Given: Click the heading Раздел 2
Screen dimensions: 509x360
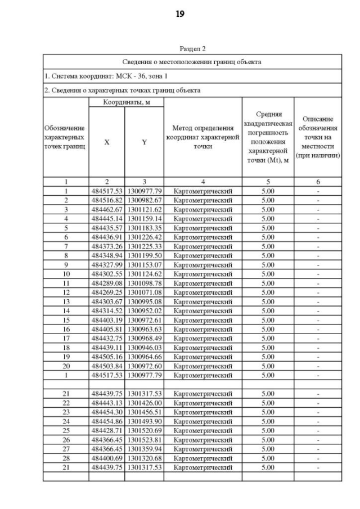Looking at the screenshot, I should pos(192,49).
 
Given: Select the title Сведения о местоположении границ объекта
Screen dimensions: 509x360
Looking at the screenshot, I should pos(192,62).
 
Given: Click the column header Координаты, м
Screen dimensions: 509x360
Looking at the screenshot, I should pos(126,103).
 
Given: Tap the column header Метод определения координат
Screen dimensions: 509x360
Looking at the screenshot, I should pos(203,138).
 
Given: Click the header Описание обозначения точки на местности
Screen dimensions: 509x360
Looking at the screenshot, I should pos(318,138).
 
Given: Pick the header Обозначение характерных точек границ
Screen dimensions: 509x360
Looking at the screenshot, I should pos(65,138).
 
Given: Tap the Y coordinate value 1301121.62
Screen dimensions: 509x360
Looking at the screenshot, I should pos(145,209).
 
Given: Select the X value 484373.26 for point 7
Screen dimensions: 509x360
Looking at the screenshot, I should pos(107,246).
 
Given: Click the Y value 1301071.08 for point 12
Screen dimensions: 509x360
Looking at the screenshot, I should pos(145,292).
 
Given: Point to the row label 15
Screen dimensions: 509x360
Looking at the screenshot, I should pos(66,320).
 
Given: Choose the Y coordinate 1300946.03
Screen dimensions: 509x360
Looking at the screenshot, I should pos(145,348).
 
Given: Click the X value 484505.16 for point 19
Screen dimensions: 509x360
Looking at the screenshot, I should pos(107,357).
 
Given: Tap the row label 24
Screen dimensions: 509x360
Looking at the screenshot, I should pos(66,421).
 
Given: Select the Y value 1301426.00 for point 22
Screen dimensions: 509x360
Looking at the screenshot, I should pos(145,403).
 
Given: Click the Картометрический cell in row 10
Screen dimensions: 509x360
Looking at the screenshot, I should pos(203,274).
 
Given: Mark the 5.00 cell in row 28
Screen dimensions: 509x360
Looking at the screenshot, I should pos(268,458).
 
